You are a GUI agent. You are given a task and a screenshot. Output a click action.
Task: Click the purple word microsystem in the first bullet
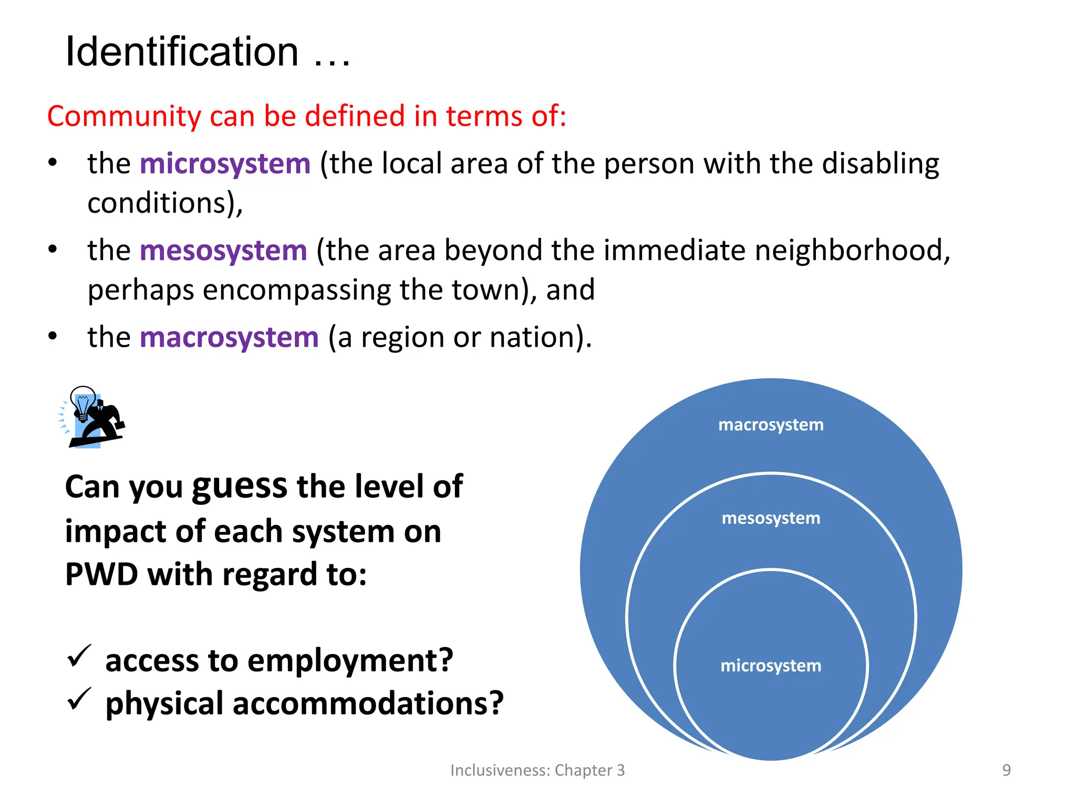[225, 163]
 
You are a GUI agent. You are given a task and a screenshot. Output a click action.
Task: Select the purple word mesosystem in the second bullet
[223, 250]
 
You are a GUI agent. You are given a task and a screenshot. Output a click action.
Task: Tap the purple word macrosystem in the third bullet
[229, 337]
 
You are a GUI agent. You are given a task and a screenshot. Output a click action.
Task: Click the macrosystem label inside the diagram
[771, 425]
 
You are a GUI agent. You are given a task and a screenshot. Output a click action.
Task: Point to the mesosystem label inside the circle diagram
[771, 518]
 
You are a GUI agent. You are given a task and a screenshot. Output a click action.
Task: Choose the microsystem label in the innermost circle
[771, 666]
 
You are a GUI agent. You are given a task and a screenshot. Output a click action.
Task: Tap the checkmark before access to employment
[79, 656]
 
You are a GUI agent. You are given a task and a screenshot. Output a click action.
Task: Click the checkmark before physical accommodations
[79, 699]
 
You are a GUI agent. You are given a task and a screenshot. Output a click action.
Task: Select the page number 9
[1006, 770]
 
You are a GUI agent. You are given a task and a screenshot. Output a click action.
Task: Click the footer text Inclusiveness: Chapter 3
[537, 770]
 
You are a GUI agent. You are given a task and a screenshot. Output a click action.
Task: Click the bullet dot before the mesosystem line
[53, 249]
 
